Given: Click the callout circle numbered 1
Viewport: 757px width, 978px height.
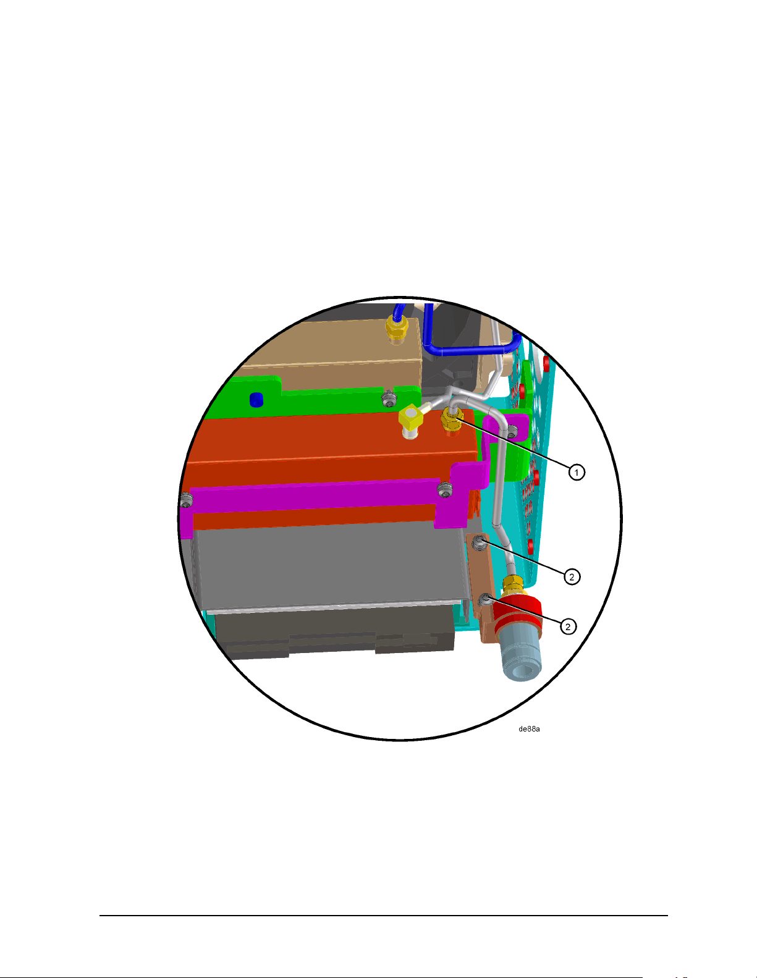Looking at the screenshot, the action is [x=577, y=472].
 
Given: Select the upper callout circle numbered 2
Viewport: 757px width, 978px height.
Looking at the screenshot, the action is [x=572, y=576].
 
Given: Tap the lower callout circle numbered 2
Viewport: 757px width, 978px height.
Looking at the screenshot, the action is [x=568, y=626].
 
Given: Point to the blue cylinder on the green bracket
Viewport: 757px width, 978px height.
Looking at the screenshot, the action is [x=256, y=399].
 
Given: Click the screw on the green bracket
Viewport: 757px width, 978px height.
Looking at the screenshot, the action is [x=389, y=398].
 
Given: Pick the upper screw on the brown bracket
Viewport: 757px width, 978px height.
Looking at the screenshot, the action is [x=480, y=543].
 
